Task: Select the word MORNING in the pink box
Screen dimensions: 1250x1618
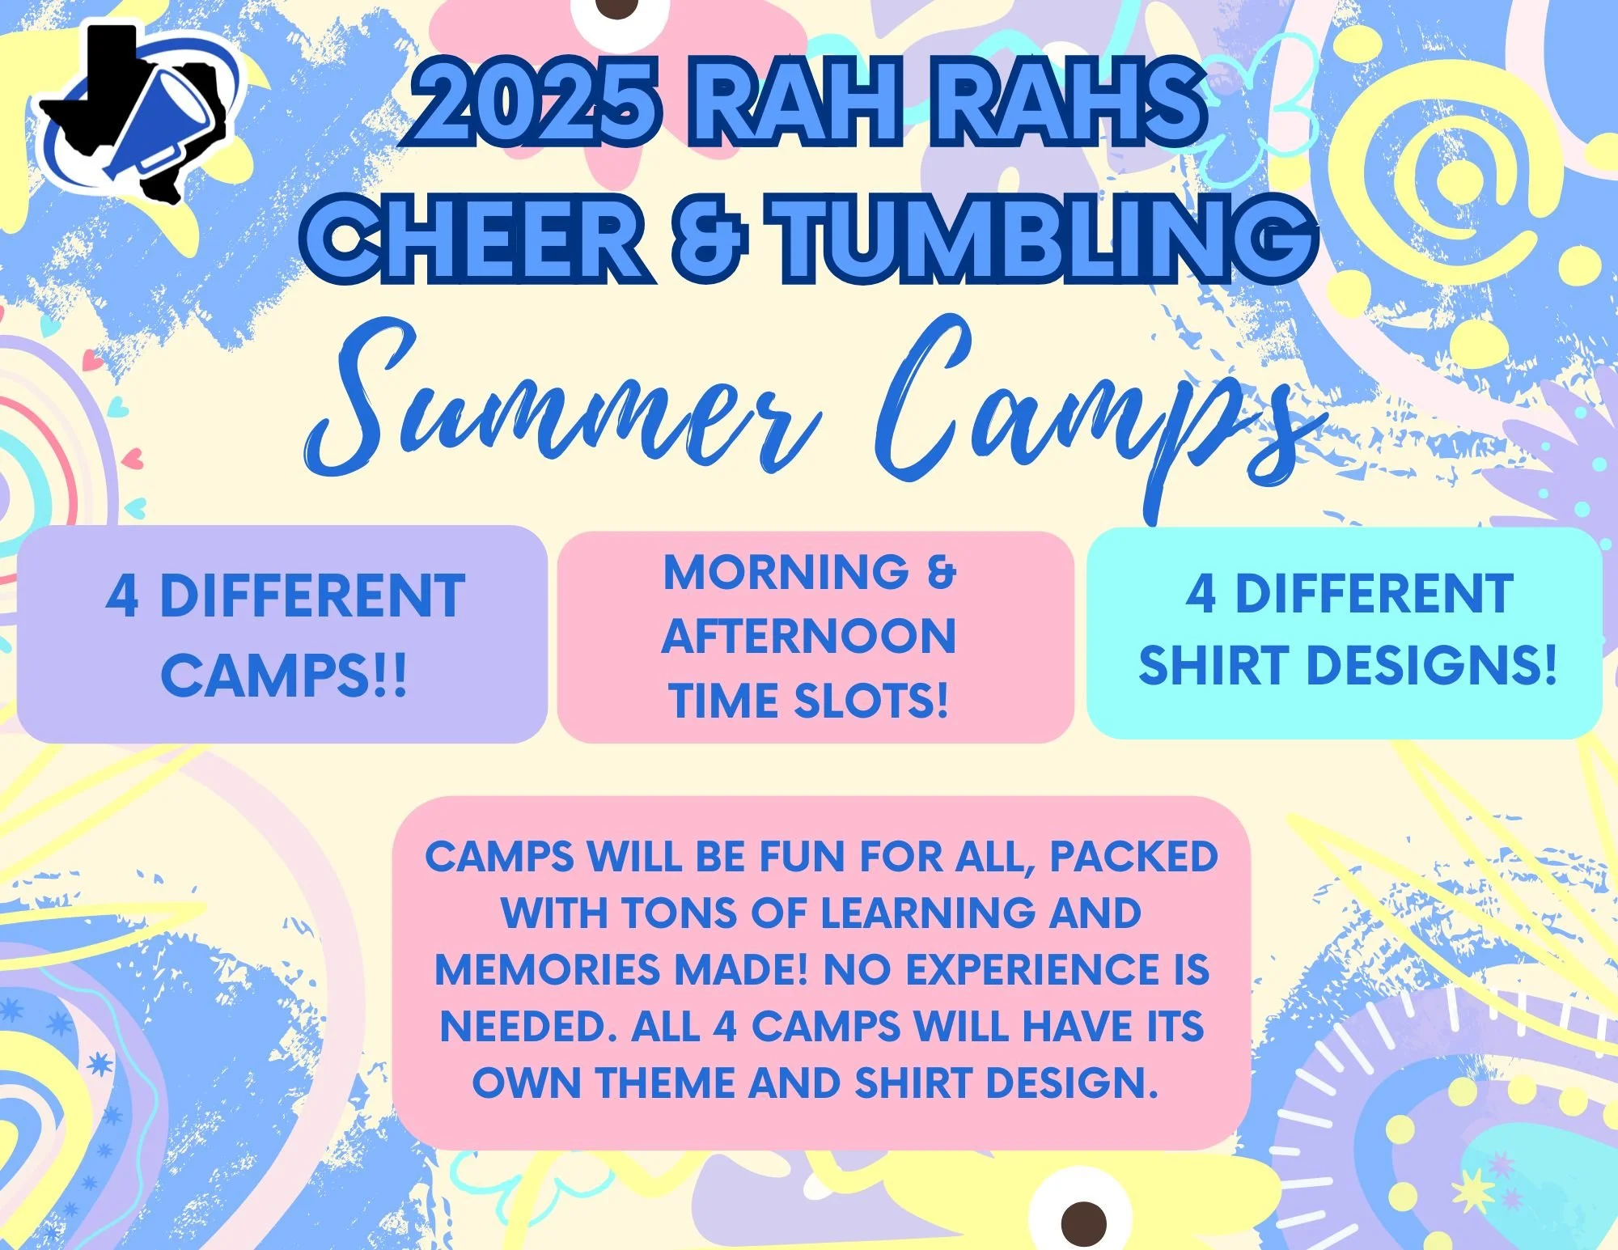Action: [x=785, y=573]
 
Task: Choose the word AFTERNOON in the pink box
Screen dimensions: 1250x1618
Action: [x=809, y=636]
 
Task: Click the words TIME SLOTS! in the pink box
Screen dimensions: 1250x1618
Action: [x=809, y=701]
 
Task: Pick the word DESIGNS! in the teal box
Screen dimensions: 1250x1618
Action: [x=1432, y=665]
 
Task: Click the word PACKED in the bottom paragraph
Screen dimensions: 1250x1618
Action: [x=1133, y=857]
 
